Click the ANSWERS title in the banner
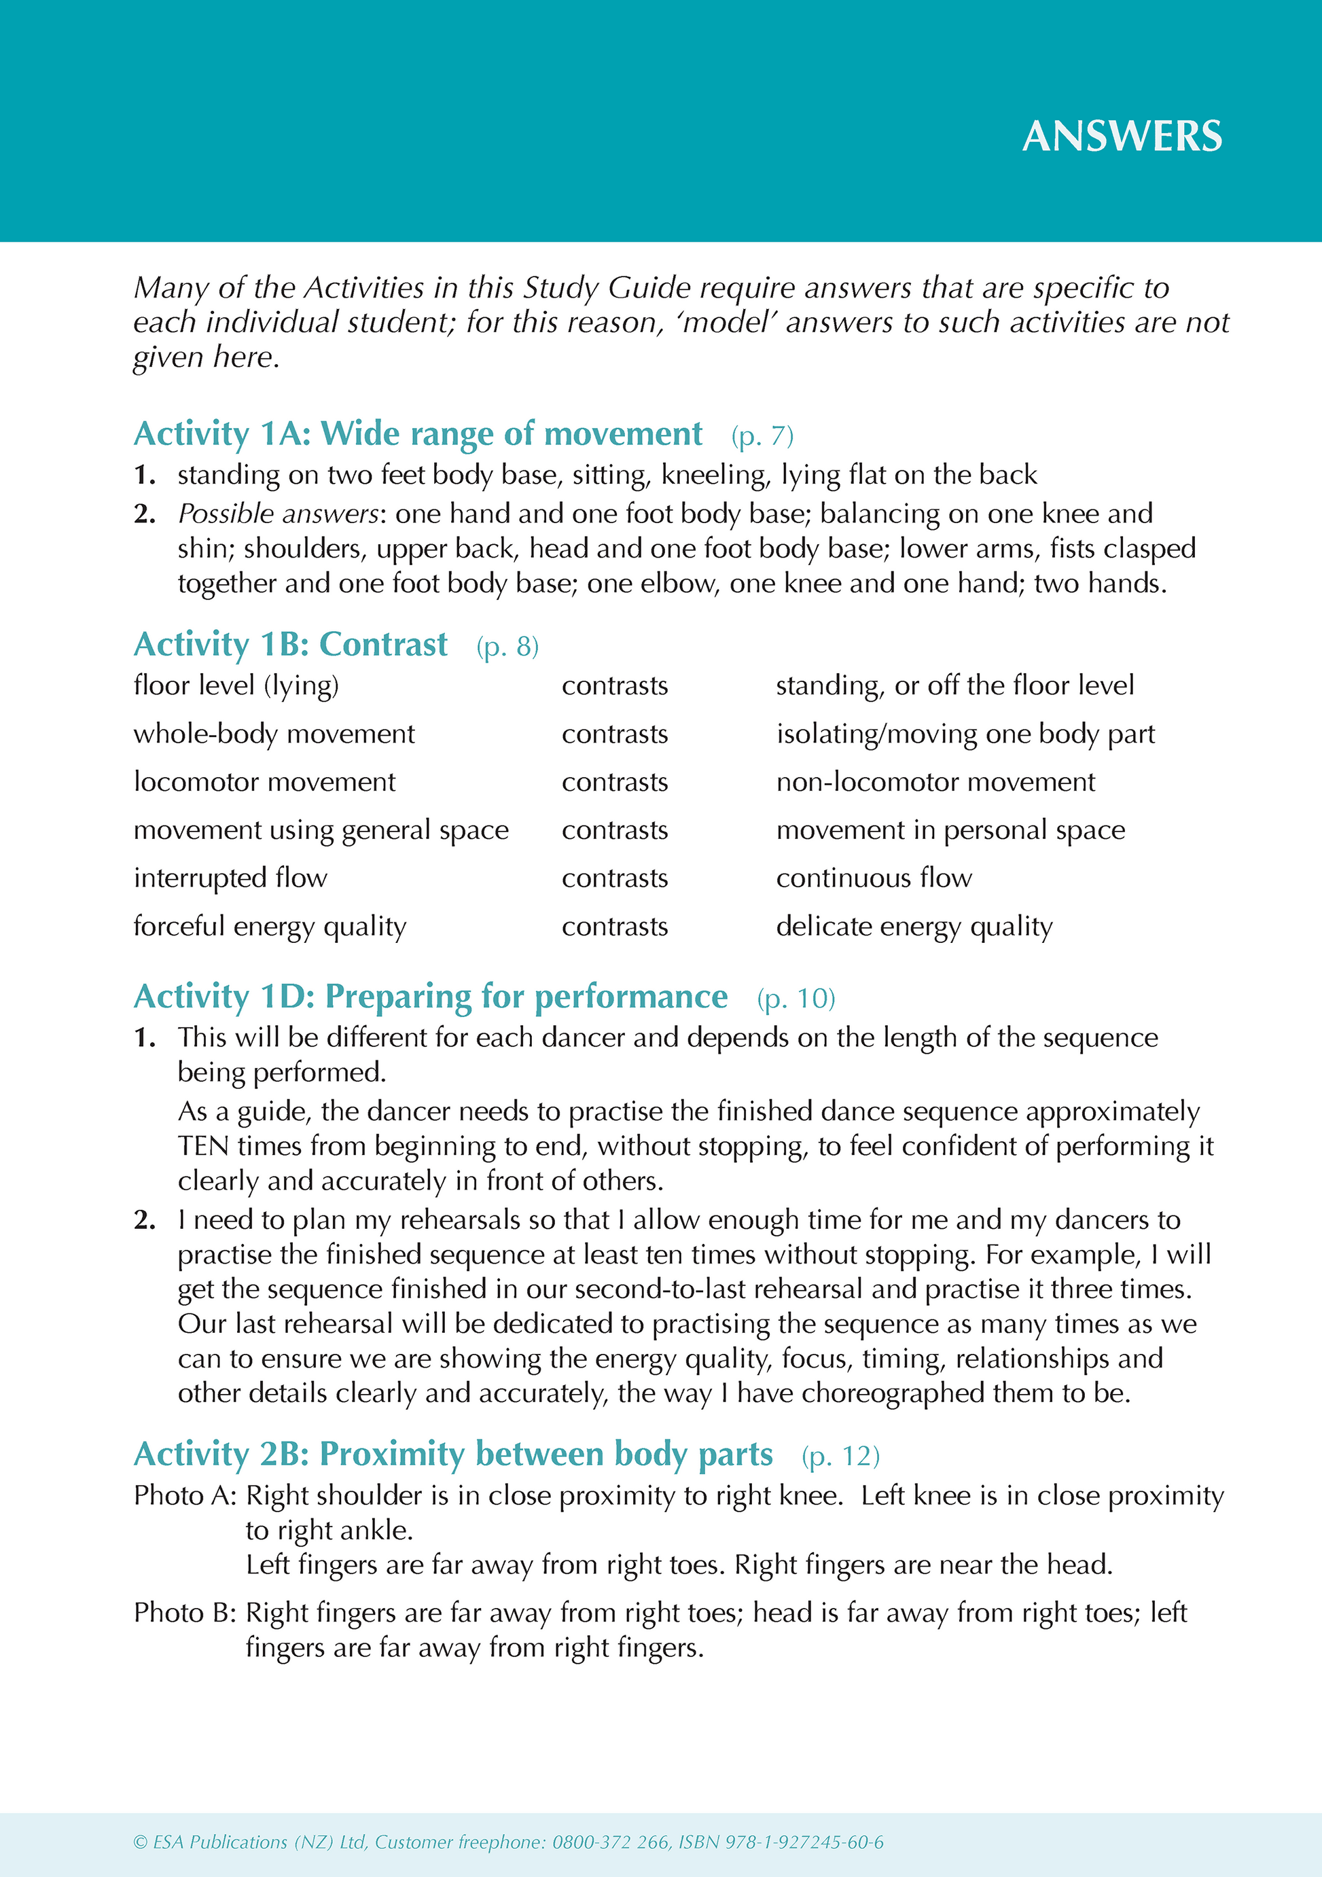click(1122, 137)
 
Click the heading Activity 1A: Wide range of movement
click(418, 433)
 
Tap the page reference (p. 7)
click(762, 435)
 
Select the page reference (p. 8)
click(507, 647)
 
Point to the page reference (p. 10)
click(796, 998)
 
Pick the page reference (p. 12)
click(840, 1456)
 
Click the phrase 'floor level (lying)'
click(236, 685)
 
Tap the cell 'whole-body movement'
click(274, 733)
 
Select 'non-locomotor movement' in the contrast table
click(935, 781)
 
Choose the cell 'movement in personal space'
click(950, 829)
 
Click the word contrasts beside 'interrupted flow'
click(615, 878)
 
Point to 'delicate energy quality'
click(914, 926)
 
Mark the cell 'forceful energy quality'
click(270, 926)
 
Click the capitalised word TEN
click(204, 1146)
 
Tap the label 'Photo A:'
click(185, 1495)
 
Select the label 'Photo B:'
click(185, 1613)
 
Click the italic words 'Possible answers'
click(278, 514)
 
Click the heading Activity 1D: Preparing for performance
click(430, 997)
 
